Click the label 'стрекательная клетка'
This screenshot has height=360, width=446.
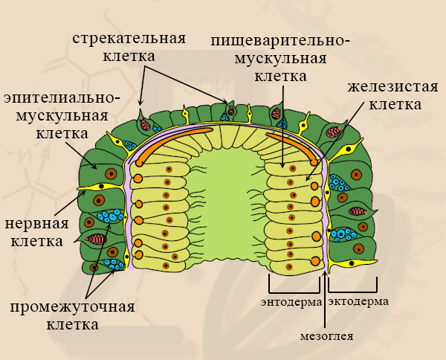(129, 46)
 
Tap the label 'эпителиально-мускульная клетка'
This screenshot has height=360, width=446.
(60, 116)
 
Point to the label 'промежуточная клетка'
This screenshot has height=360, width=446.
(72, 316)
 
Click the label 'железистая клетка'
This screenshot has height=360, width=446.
(384, 95)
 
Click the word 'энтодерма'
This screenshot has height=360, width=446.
(291, 302)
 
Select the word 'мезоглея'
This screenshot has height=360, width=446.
(326, 335)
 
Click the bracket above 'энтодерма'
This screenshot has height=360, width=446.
(294, 286)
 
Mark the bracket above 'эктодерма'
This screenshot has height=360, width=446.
(352, 286)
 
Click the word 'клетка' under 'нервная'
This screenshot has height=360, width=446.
(36, 240)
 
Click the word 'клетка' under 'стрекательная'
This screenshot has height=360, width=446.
(129, 56)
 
